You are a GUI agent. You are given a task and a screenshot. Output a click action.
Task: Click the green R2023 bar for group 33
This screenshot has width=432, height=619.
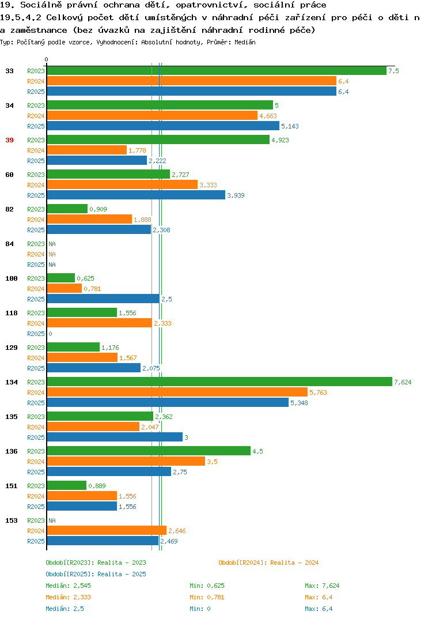[x=217, y=71]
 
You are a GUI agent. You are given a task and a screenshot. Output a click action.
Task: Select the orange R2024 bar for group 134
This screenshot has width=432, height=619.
[x=177, y=392]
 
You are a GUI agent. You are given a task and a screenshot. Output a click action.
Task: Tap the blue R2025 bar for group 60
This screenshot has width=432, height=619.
[x=136, y=195]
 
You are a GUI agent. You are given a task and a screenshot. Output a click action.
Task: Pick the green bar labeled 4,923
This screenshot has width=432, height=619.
[x=158, y=139]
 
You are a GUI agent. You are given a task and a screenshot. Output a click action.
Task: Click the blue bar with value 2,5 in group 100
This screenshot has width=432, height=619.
[x=103, y=299]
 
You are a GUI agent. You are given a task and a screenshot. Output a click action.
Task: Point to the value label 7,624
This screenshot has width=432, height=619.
[x=403, y=382]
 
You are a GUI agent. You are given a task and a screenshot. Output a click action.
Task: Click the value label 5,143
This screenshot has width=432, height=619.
[x=290, y=126]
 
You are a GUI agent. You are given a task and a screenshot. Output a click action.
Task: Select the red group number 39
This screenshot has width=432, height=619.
[x=9, y=140]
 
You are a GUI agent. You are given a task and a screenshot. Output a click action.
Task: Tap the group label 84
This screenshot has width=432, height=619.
[x=9, y=244]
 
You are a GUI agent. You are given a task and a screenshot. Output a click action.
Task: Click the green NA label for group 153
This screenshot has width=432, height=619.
[x=52, y=520]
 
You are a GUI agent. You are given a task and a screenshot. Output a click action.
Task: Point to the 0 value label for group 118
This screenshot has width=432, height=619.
[x=50, y=334]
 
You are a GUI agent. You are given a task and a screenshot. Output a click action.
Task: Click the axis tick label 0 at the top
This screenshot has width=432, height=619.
[x=46, y=59]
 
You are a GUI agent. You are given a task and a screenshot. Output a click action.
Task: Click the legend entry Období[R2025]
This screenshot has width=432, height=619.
[x=70, y=574]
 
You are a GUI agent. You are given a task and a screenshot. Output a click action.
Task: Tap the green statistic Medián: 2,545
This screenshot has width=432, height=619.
[x=68, y=586]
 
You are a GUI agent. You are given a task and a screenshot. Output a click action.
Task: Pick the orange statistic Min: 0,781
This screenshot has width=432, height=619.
[x=207, y=597]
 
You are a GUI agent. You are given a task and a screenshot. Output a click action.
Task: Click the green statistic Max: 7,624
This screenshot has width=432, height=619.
[x=322, y=586]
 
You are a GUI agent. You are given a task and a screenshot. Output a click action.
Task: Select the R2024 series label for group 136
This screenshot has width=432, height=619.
[x=36, y=462]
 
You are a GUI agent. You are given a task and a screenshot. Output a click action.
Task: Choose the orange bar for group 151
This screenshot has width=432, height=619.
[x=82, y=496]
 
